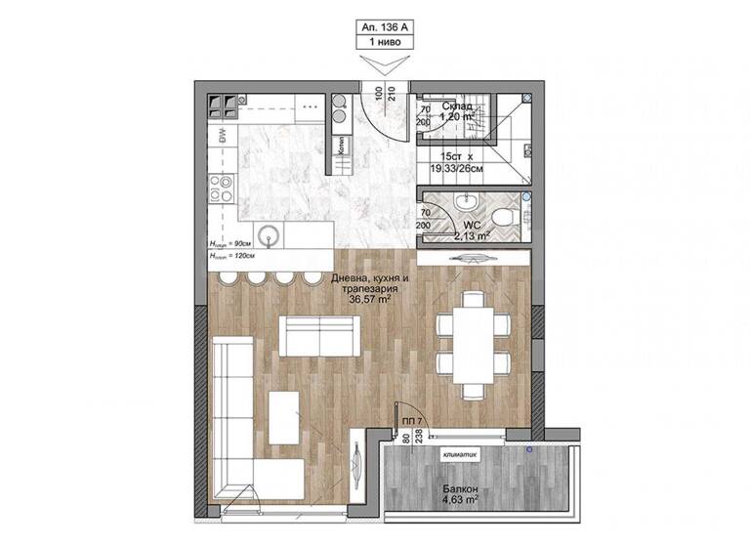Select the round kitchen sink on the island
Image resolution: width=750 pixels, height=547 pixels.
(x=273, y=233)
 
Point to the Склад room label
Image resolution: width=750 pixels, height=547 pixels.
(x=458, y=105)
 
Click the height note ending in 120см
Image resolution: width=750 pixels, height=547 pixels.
(x=232, y=256)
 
